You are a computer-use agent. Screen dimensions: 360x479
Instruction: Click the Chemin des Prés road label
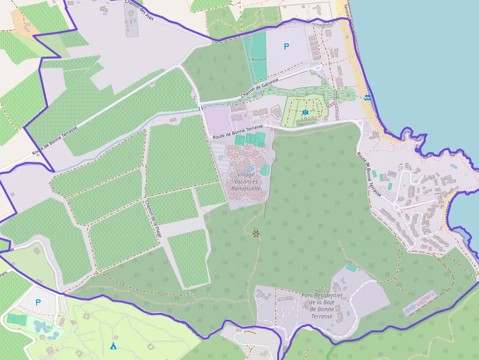point(139,9)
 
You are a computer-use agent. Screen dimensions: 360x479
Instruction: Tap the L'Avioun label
point(257,59)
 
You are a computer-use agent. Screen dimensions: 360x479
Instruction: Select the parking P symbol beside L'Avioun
point(286,46)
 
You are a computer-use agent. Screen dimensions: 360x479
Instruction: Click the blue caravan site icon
point(305,113)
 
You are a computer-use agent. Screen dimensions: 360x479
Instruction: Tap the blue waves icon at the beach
point(367,98)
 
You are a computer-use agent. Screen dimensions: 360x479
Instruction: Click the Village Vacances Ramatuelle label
point(246,181)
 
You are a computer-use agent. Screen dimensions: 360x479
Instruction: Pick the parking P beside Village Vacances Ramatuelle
point(220,158)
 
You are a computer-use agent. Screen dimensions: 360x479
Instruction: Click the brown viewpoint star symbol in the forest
point(256,234)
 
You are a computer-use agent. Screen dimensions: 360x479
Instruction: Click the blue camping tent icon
point(113,346)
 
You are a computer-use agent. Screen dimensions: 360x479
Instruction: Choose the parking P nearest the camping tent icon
point(38,302)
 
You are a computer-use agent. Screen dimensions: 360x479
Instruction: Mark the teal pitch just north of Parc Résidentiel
point(351,268)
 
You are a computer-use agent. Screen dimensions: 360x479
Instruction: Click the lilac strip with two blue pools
point(419,303)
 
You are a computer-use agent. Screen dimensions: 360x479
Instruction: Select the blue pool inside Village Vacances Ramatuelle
point(249,169)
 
